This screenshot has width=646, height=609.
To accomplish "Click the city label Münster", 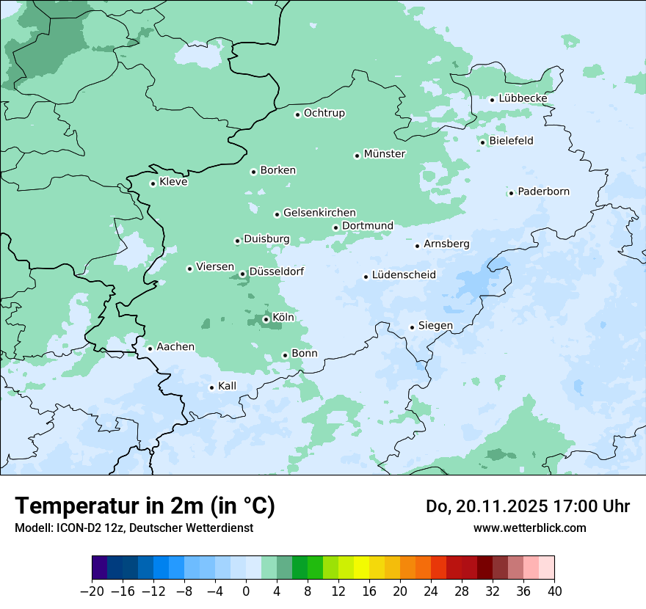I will point(385,154).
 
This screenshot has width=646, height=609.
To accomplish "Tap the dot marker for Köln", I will point(266,319).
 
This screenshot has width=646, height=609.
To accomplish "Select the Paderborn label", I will point(543,192).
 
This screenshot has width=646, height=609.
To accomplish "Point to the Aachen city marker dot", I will point(150,349).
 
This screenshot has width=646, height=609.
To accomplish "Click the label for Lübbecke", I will point(523,98).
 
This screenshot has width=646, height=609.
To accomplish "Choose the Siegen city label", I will point(435,326).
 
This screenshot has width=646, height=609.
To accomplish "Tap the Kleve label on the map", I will point(173,182).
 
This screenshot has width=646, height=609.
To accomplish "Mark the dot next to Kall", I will point(211,387).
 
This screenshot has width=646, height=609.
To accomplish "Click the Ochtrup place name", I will point(324,113).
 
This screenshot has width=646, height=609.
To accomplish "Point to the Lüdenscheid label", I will point(404,275).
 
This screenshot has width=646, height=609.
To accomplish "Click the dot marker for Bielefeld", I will point(483,142).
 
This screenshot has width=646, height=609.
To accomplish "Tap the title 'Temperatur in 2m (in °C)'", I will point(145,506).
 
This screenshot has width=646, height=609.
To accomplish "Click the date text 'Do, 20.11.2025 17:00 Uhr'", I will point(528,506).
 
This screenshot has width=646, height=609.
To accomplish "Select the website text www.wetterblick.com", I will point(529,528).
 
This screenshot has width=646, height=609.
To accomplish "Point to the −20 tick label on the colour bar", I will point(92,591).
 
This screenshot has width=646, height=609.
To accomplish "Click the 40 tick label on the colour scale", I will point(554,591).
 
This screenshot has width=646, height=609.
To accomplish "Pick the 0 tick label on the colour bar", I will point(246,591).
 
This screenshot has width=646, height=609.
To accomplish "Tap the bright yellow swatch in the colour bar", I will point(361,568).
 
